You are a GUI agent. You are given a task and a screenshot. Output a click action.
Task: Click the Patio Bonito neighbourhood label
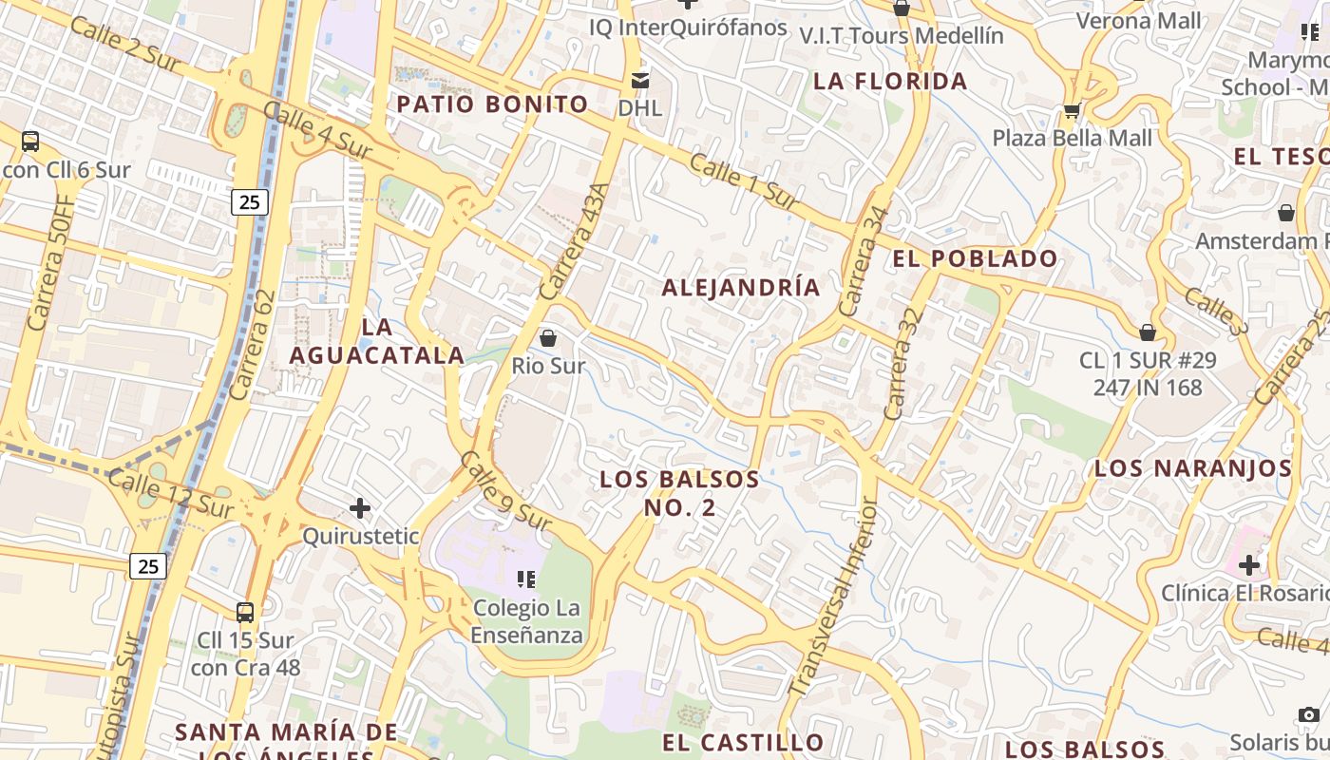tap(492, 104)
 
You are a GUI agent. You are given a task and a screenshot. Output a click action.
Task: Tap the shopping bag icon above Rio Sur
tap(548, 337)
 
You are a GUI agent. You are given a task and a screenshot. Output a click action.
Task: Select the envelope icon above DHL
tap(640, 80)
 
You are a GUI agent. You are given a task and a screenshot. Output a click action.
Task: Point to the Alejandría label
tap(741, 288)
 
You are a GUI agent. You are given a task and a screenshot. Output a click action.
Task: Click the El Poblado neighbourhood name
tap(975, 258)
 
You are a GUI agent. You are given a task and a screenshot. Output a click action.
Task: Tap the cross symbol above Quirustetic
tap(360, 508)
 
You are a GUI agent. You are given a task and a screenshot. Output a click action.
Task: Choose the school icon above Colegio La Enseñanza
tap(526, 579)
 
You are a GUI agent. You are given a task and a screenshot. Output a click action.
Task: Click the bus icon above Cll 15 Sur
tap(245, 613)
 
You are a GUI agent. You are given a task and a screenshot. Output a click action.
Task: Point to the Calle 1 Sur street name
tap(744, 181)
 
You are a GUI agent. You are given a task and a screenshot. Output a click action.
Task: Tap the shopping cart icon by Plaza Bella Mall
tap(1072, 110)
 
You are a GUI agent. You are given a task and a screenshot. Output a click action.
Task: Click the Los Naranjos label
tap(1192, 468)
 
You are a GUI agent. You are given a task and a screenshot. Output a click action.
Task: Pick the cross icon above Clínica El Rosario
tap(1248, 565)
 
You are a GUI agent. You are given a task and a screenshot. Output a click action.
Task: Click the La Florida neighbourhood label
tap(890, 82)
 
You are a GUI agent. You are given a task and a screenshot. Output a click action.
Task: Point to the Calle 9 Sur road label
tap(505, 491)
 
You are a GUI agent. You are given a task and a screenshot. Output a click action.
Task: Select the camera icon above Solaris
tap(1309, 714)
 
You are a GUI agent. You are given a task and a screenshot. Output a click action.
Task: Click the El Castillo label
tap(743, 743)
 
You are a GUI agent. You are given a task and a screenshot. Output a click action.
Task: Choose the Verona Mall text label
tap(1138, 21)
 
